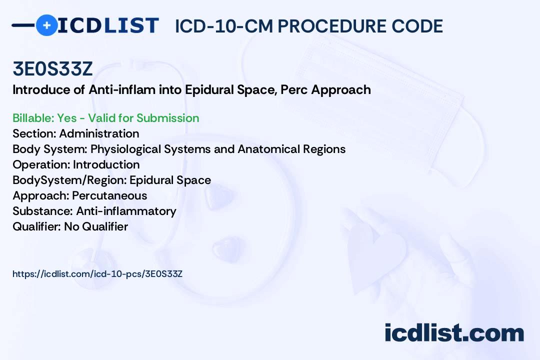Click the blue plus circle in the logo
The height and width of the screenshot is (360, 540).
coord(46,25)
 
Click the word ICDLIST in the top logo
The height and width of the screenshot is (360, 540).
coord(108,25)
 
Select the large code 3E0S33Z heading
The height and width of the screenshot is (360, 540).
coord(52,69)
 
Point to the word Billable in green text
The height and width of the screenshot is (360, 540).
coord(33,118)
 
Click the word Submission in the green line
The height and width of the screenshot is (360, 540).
coord(167,118)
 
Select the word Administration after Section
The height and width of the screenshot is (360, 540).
coord(99,133)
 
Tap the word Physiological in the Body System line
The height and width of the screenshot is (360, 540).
coord(125,149)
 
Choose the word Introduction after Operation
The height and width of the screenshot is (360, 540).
coord(106,164)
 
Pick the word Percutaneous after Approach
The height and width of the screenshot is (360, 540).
coord(109,195)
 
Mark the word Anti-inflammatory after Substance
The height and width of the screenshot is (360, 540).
coord(126,211)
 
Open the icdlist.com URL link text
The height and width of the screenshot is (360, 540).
coord(97,274)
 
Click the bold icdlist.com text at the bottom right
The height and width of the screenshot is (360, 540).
coord(454,333)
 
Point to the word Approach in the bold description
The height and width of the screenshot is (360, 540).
coord(341,90)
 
